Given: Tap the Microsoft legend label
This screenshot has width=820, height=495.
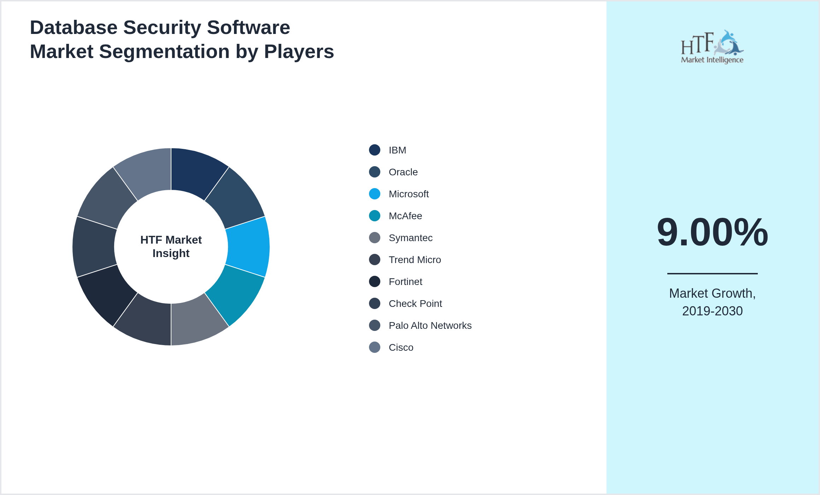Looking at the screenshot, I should tap(409, 194).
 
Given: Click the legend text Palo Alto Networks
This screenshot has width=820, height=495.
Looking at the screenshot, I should tap(430, 326).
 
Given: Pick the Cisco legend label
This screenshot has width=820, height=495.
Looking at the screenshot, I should tap(401, 348).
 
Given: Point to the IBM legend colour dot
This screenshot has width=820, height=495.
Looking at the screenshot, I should tap(375, 150).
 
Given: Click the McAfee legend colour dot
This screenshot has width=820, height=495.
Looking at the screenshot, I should tap(375, 216).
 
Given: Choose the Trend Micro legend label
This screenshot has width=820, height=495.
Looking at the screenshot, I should tap(415, 260).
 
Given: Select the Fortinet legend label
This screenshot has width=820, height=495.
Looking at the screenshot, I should tap(405, 282).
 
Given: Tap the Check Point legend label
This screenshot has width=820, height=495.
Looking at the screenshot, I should tap(415, 304).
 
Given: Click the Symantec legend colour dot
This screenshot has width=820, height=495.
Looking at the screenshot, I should tap(375, 238).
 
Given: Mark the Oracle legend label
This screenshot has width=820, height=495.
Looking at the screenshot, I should tap(403, 172).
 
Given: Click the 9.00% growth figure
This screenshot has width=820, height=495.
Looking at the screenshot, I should tap(712, 232).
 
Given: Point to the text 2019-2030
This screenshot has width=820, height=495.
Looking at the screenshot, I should tap(712, 311).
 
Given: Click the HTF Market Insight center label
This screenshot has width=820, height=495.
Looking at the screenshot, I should tap(171, 246).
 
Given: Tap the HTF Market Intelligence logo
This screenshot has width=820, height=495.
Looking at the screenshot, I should tap(712, 47).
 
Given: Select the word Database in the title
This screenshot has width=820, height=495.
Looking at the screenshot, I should tap(74, 28).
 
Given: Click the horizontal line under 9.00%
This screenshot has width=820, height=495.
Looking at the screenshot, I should tap(712, 273).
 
